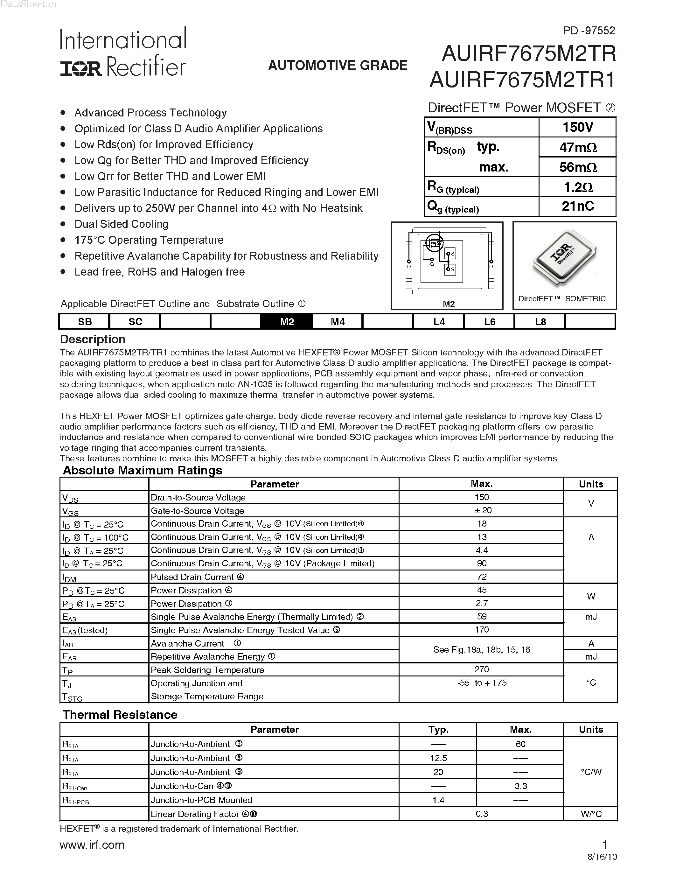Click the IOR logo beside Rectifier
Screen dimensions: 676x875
coord(81,68)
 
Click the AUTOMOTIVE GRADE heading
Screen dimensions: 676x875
coord(337,65)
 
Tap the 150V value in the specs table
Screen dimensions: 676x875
coord(577,127)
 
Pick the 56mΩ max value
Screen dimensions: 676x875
coord(577,167)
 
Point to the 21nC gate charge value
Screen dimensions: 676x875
coord(577,206)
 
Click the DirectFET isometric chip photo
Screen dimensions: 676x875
coord(564,258)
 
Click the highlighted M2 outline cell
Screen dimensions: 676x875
coord(287,322)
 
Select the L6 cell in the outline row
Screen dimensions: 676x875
coord(489,322)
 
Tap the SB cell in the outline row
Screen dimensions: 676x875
coord(85,322)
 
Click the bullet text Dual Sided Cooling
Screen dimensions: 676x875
coord(121,224)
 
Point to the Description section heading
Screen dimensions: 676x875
coord(93,339)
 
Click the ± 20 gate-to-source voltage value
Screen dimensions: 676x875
coord(481,510)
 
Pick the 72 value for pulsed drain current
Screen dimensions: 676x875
coord(481,577)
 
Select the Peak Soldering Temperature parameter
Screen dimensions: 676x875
coord(207,670)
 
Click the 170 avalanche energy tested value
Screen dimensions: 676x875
coord(481,630)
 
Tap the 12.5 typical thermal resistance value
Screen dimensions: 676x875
coord(438,758)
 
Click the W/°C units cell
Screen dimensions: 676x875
coord(591,814)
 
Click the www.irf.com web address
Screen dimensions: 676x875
coord(92,845)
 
